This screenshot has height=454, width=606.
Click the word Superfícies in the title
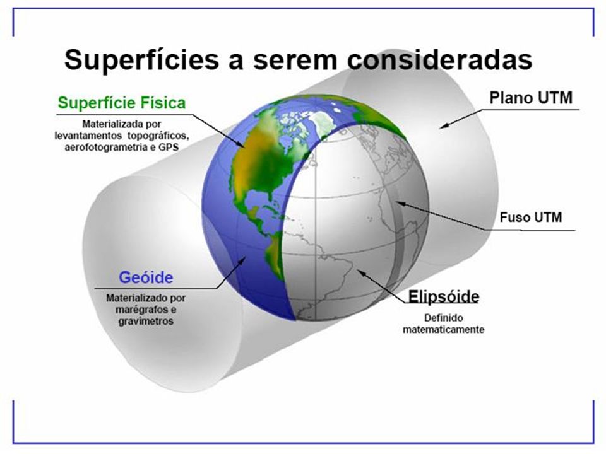coord(141,60)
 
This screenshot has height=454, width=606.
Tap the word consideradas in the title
coord(439,60)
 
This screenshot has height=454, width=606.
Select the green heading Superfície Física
coord(122,103)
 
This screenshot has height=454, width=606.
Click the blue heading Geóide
coord(146,277)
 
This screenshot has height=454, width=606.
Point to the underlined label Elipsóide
coord(444,296)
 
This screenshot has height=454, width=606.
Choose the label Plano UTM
coord(531,98)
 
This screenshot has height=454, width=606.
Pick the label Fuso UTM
coord(531,218)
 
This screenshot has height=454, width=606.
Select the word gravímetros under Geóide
coord(146,321)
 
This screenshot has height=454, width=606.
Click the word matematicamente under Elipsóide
coord(443,329)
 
